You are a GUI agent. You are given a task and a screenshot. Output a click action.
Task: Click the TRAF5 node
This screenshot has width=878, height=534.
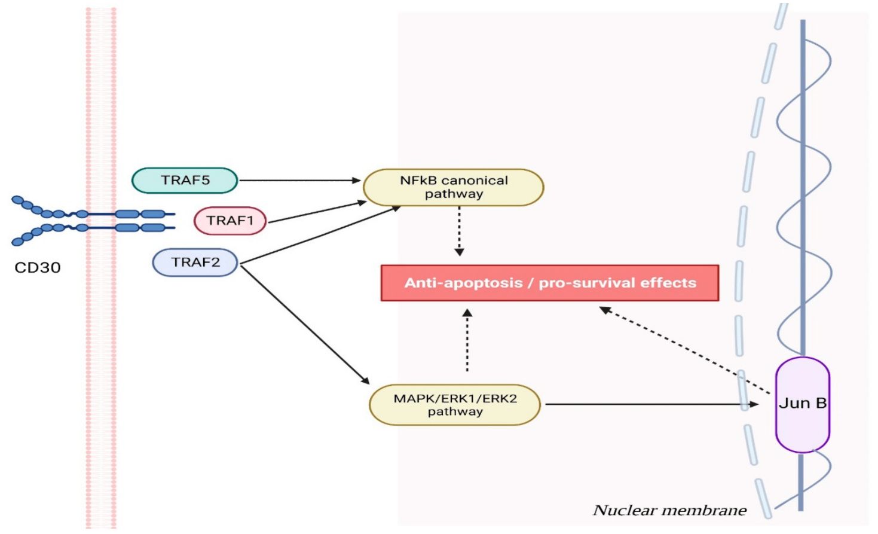tap(184, 181)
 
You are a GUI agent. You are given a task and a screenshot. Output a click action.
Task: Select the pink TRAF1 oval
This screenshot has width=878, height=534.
tap(230, 221)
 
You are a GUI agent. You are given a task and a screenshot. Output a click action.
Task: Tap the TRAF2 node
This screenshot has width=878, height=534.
tap(195, 263)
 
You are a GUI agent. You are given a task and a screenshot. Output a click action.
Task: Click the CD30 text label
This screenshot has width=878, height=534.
tap(37, 267)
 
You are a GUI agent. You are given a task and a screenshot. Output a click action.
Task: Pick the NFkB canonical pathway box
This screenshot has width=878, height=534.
tap(453, 187)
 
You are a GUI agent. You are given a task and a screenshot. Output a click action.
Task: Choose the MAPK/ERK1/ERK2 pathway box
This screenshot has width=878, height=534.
tap(454, 405)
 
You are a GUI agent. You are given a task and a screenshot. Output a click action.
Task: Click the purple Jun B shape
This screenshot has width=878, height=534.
tap(802, 404)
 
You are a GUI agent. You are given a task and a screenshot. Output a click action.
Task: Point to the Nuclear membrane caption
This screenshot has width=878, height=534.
tap(669, 510)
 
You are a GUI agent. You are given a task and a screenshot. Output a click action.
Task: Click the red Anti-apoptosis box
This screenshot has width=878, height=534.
tap(549, 283)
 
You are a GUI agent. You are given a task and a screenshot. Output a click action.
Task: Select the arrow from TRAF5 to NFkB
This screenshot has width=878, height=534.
tap(299, 180)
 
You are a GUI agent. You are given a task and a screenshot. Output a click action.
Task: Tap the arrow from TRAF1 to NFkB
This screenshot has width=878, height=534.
tap(317, 212)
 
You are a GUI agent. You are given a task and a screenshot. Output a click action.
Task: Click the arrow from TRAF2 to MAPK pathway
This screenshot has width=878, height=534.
tap(305, 323)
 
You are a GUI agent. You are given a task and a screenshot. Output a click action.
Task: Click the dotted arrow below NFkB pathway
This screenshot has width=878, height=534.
tap(459, 230)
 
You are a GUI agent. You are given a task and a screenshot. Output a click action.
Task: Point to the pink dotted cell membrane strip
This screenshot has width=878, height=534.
tap(100, 359)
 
